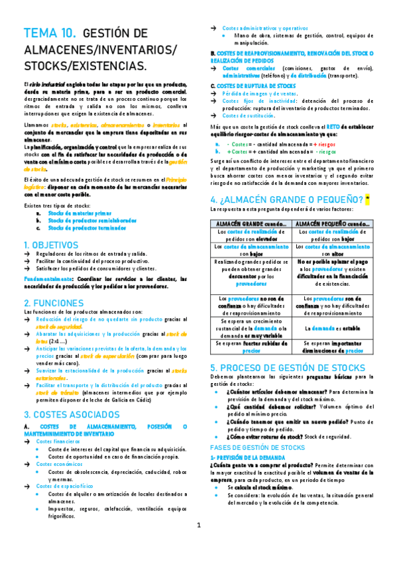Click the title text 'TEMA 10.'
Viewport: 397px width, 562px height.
50,34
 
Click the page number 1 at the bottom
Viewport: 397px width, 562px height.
198,544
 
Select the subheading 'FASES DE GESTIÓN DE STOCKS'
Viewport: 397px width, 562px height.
257,447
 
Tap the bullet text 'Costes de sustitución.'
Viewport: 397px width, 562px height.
249,115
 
